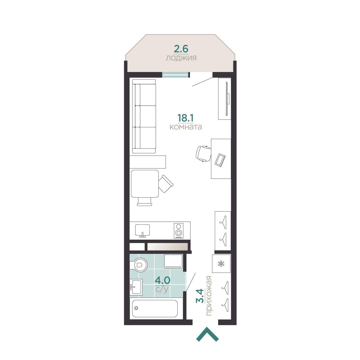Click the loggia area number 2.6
(x=181, y=49)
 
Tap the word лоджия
(x=181, y=58)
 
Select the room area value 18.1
(x=185, y=118)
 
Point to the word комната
(x=185, y=127)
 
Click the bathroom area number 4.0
(x=162, y=280)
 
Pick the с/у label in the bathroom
(x=162, y=289)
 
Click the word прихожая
(x=209, y=295)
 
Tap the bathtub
(x=155, y=308)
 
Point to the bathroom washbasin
(x=136, y=287)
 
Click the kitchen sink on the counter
(x=142, y=230)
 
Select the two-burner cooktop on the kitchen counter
(x=179, y=231)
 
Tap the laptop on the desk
(x=220, y=160)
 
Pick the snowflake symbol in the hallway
(x=221, y=264)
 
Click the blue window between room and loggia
(x=175, y=75)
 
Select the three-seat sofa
(x=144, y=116)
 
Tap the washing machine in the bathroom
(x=173, y=261)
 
